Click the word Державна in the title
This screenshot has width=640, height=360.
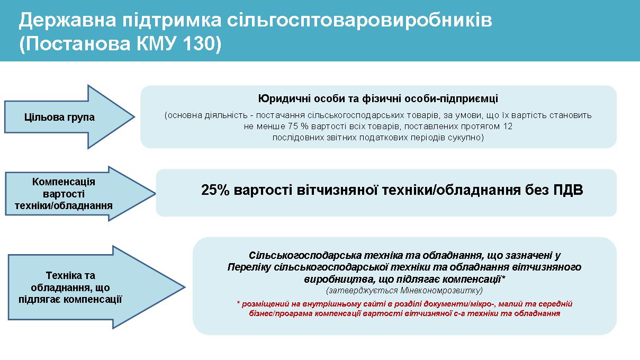pyautogui.click(x=68, y=21)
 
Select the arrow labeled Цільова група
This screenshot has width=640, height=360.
pyautogui.click(x=69, y=117)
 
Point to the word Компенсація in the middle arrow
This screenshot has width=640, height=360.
pyautogui.click(x=64, y=182)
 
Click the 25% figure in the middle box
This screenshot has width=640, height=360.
pyautogui.click(x=215, y=190)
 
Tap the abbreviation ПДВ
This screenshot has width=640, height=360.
pyautogui.click(x=568, y=190)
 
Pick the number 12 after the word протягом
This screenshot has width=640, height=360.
pyautogui.click(x=508, y=127)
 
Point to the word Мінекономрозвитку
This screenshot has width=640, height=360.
pyautogui.click(x=441, y=291)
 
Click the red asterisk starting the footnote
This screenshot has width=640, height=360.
pyautogui.click(x=238, y=303)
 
